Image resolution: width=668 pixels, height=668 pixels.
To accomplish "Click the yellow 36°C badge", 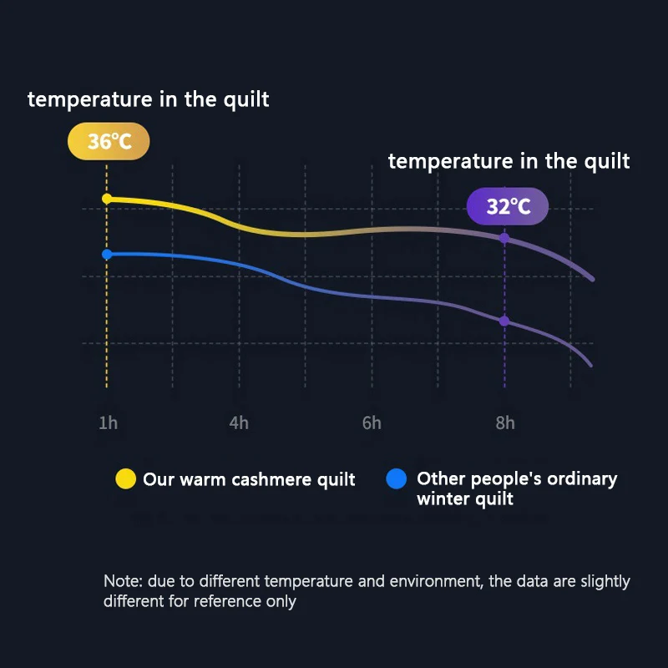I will click(109, 142).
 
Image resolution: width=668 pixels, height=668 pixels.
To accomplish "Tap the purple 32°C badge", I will click(508, 206).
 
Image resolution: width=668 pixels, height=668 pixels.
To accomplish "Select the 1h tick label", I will click(108, 423).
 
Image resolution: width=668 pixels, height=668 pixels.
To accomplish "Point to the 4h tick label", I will click(239, 423).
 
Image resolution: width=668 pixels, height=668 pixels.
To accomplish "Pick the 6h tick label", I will click(372, 423).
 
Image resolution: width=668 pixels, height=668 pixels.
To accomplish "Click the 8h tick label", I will click(504, 423).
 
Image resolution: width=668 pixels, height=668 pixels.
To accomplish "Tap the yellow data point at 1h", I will click(107, 199).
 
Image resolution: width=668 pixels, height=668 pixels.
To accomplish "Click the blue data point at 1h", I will click(107, 254).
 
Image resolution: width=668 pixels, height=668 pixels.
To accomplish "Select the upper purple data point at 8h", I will click(504, 238).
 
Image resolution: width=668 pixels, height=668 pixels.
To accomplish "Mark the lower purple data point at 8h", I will click(504, 321).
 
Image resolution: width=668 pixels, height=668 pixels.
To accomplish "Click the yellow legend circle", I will click(125, 479).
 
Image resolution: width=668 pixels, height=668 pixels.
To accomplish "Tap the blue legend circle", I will click(397, 479).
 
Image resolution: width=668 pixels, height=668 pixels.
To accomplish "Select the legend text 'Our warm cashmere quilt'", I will click(249, 479).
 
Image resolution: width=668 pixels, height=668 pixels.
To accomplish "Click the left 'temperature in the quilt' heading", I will click(149, 99).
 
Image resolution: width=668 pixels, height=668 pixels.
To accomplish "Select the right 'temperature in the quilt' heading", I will click(509, 161).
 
